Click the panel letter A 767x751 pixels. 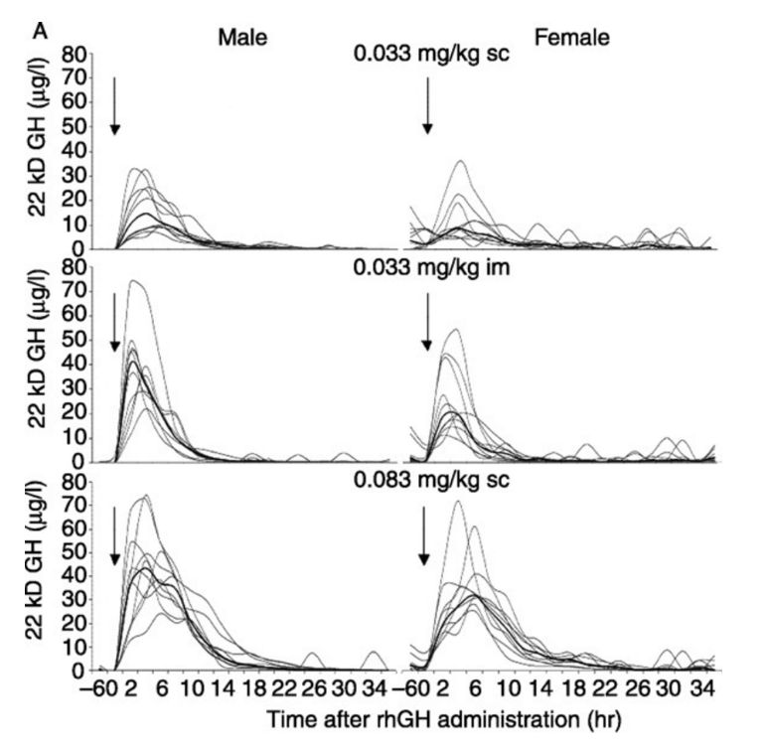pos(41,32)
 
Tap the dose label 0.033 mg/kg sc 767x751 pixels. pos(431,55)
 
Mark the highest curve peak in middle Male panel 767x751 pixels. pos(133,281)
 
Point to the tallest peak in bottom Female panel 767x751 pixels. pos(457,501)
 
